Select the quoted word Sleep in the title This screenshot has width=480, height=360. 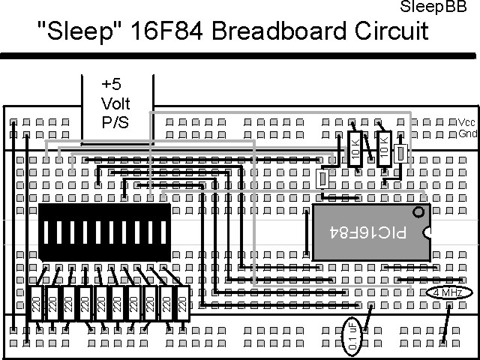click(70, 31)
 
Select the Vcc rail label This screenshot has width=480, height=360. click(467, 122)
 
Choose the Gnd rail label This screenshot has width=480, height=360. click(467, 134)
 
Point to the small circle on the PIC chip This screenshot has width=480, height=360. click(418, 213)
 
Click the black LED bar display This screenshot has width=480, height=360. click(105, 232)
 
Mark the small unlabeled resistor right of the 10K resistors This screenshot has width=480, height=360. click(402, 153)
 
